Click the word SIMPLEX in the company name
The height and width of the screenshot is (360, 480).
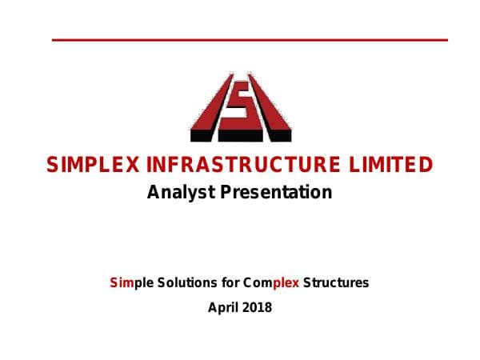click(x=94, y=166)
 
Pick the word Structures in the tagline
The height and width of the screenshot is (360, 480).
click(x=336, y=282)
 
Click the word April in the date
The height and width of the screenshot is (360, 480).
click(x=223, y=306)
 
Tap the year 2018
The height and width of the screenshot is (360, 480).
click(x=257, y=306)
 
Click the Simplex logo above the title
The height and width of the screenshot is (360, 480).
click(x=240, y=107)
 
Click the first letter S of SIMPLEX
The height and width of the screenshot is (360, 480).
click(x=54, y=166)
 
